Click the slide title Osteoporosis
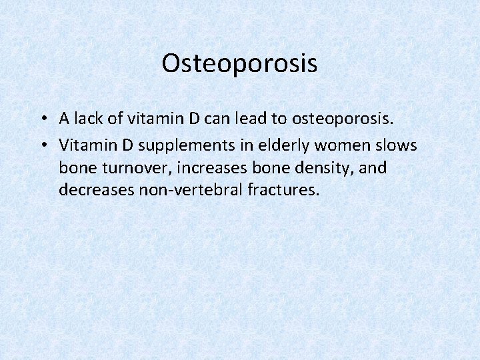(x=239, y=64)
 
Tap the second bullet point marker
(x=42, y=145)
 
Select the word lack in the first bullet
(x=88, y=119)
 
